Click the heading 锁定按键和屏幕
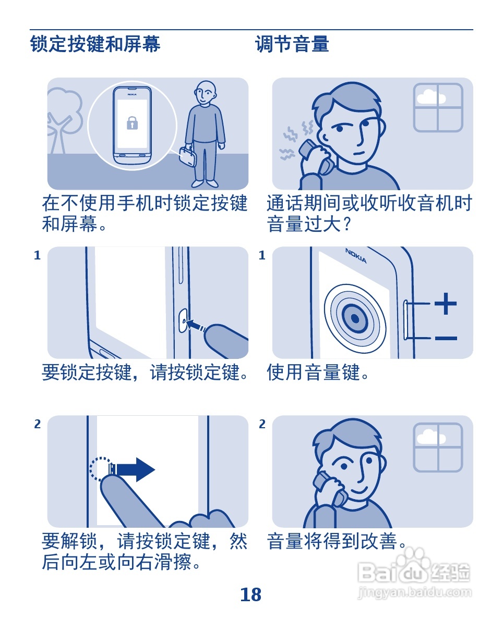coord(95,44)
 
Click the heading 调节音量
coord(292,44)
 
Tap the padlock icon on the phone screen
coord(132,123)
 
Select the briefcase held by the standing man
coord(188,156)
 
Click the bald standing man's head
coord(205,93)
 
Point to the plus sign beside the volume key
coord(446,304)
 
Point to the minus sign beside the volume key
coord(446,338)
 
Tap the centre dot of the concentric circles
coord(355,319)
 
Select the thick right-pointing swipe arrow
coord(134,470)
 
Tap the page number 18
coord(250,594)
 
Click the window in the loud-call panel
coord(438,107)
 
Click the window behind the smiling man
coord(438,447)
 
